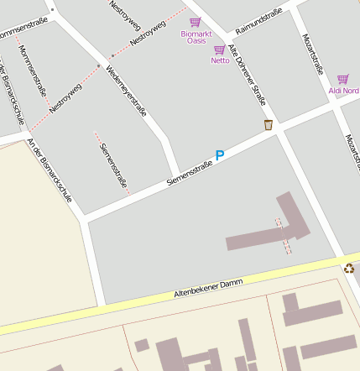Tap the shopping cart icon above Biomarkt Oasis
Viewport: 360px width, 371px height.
[195, 22]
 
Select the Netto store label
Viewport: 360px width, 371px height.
[220, 60]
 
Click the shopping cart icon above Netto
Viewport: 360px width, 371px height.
[219, 50]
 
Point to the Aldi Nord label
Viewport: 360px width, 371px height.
[343, 90]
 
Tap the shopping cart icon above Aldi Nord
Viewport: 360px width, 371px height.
[342, 79]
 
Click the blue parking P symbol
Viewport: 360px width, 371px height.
[220, 155]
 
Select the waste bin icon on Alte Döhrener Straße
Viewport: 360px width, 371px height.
[269, 125]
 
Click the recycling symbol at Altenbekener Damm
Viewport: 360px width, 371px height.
[349, 269]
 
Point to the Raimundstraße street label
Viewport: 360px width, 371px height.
[258, 22]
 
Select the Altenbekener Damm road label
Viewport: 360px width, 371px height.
[207, 288]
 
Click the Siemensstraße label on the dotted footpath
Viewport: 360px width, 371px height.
[112, 165]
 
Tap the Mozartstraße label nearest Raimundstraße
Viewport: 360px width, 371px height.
[311, 55]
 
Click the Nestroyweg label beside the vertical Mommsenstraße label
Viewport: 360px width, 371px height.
[65, 97]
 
